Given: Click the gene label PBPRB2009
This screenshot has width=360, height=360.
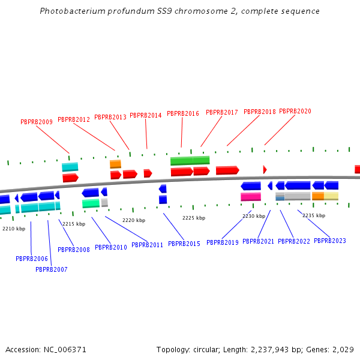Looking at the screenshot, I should pos(37,122).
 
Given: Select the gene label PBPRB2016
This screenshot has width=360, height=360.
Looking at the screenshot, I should pos(183,113).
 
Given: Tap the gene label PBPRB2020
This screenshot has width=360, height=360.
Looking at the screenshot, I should pos(295,112).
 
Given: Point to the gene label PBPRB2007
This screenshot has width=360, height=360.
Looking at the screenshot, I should pos(52,269).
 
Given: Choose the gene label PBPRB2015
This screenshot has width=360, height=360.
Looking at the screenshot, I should pos(184,244).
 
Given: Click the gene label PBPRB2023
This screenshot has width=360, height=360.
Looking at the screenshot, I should pos(330,241).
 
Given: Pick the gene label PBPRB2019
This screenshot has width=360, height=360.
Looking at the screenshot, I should pos(223,243).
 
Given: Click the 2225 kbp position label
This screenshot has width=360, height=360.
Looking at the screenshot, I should pos(194,218).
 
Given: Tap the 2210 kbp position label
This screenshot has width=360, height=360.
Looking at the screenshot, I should pos(14,229).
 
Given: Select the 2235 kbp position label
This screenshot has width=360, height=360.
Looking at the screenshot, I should pos(314,215).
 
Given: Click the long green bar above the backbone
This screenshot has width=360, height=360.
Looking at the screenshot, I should pos(190,161).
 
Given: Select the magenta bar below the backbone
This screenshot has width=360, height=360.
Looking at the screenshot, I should pos(251,197).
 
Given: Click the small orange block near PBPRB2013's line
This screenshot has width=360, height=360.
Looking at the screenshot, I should pos(115,164).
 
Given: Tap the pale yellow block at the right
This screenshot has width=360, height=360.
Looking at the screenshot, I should pos(331,196).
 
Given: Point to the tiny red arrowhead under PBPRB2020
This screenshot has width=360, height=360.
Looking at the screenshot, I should pos(265,170).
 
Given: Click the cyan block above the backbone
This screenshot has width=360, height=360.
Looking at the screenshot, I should pos(70,167).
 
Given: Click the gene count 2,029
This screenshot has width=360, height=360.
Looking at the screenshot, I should pos(343,349).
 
